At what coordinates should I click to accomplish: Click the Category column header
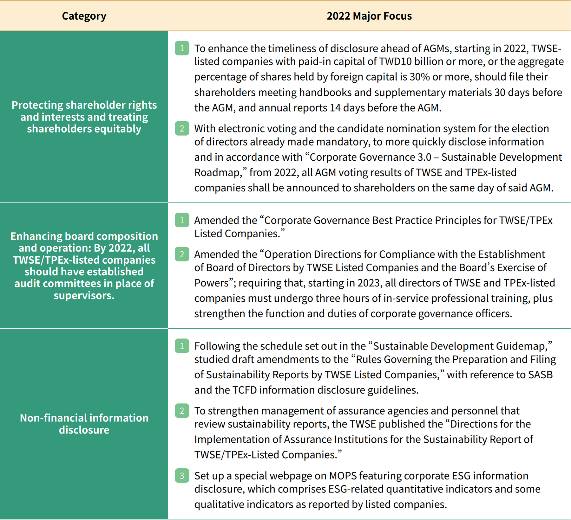(84, 16)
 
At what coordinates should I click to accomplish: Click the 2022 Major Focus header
(369, 16)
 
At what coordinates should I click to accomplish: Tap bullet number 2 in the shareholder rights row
(182, 128)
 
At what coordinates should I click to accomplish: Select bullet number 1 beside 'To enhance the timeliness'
(182, 48)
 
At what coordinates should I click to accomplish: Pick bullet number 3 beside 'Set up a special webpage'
(182, 476)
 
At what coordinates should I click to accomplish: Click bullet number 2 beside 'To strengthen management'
(182, 411)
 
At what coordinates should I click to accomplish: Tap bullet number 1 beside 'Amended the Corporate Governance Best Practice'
(182, 220)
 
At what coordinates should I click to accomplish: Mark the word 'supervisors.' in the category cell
(84, 295)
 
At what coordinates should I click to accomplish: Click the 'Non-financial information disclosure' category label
(84, 424)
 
